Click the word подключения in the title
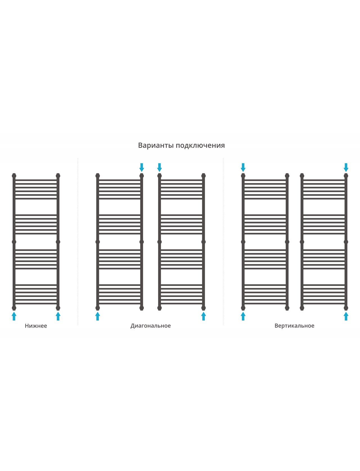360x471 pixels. pyautogui.click(x=200, y=145)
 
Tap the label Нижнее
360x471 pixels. pyautogui.click(x=36, y=326)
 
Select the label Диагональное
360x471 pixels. pyautogui.click(x=150, y=326)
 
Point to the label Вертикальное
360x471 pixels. pyautogui.click(x=294, y=326)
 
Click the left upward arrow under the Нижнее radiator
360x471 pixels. pyautogui.click(x=14, y=316)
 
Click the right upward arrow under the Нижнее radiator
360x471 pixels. pyautogui.click(x=58, y=316)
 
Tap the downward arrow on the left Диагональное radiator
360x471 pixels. pyautogui.click(x=141, y=168)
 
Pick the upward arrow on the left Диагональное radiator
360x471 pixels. pyautogui.click(x=98, y=316)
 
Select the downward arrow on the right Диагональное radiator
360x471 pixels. pyautogui.click(x=159, y=168)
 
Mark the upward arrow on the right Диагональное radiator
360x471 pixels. pyautogui.click(x=204, y=316)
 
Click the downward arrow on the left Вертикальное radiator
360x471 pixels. pyautogui.click(x=243, y=168)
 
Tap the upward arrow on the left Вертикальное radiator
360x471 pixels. pyautogui.click(x=243, y=316)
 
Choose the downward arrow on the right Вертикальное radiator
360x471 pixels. pyautogui.click(x=346, y=168)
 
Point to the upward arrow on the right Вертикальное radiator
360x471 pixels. pyautogui.click(x=346, y=316)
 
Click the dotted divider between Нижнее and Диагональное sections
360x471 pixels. pyautogui.click(x=78, y=242)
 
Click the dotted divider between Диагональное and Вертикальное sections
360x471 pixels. pyautogui.click(x=223, y=242)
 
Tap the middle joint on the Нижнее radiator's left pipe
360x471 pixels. pyautogui.click(x=14, y=242)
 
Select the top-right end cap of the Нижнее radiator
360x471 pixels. pyautogui.click(x=58, y=175)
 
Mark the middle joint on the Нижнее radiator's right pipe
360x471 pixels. pyautogui.click(x=58, y=242)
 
